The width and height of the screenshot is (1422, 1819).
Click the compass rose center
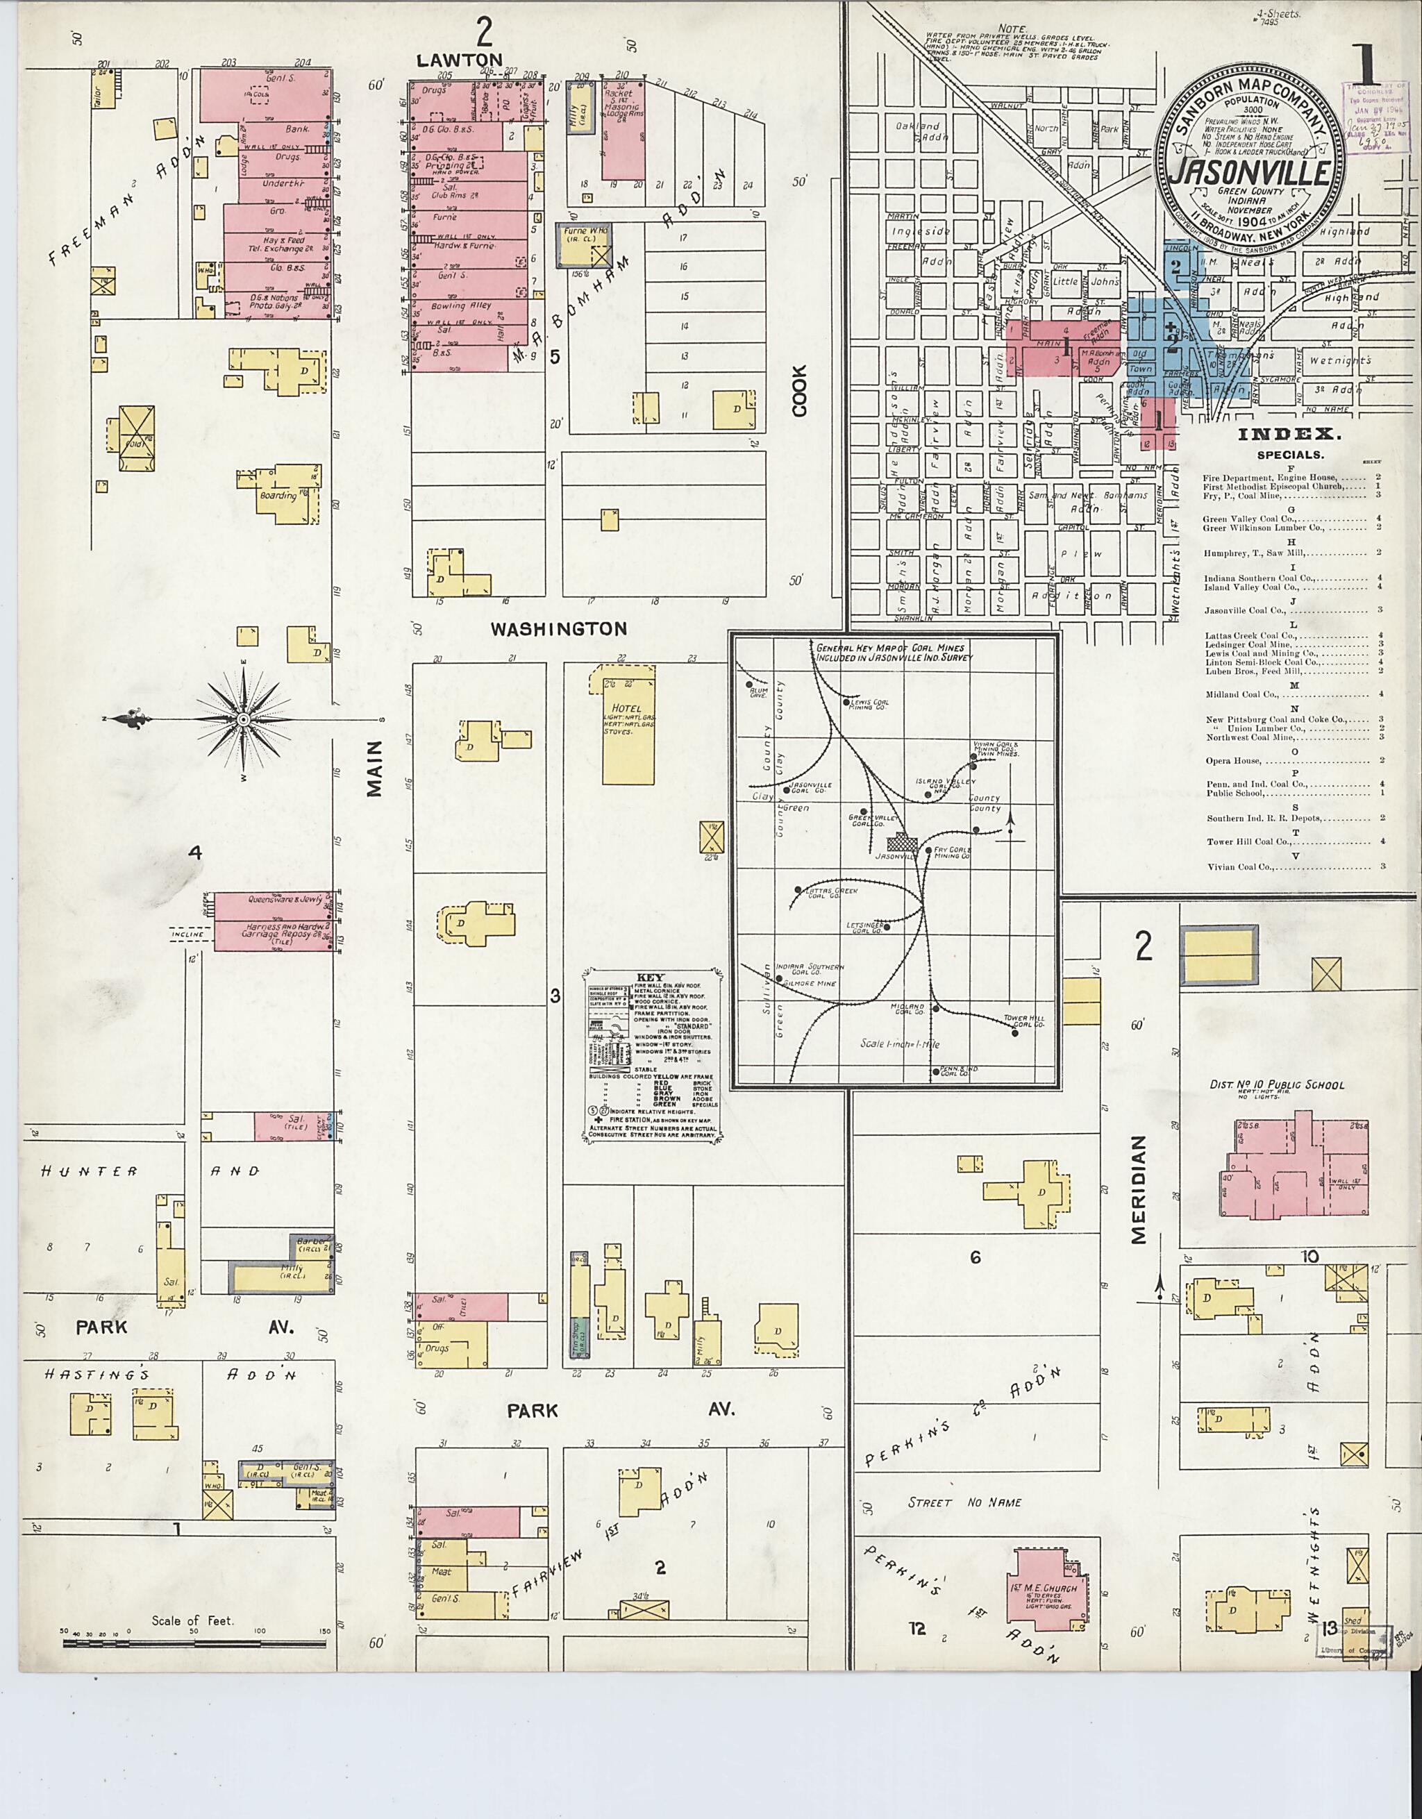242,719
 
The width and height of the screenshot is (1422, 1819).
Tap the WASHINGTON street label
558,630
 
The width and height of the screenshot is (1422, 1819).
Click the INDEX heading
1289,434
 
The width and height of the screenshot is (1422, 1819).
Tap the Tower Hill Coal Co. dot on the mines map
1014,1033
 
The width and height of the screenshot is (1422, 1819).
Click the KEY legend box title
650,978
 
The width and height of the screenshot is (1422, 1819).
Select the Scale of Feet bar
194,1643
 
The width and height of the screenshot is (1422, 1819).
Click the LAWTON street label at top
460,60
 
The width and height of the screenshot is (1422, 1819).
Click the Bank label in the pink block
296,129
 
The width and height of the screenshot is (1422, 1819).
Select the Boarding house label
278,496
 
